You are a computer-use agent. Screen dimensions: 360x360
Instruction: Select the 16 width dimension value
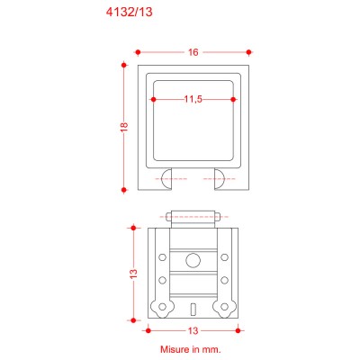pyautogui.click(x=193, y=52)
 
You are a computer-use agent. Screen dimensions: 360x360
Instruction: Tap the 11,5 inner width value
pyautogui.click(x=193, y=99)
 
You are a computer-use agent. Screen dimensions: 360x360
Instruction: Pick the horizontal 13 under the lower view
pyautogui.click(x=193, y=330)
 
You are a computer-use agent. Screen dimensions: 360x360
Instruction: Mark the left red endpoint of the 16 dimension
pyautogui.click(x=139, y=52)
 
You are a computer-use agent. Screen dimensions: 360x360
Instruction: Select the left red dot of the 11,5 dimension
pyautogui.click(x=153, y=99)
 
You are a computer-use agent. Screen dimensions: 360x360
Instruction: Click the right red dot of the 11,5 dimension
pyautogui.click(x=233, y=99)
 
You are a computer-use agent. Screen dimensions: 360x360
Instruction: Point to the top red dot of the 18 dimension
pyautogui.click(x=124, y=65)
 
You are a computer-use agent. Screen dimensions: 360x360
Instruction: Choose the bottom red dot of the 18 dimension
pyautogui.click(x=124, y=190)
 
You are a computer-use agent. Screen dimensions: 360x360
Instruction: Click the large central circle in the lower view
pyautogui.click(x=193, y=260)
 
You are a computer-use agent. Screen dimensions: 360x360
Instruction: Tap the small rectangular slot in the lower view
pyautogui.click(x=193, y=310)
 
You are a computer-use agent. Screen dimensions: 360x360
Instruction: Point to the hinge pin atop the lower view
pyautogui.click(x=193, y=217)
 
